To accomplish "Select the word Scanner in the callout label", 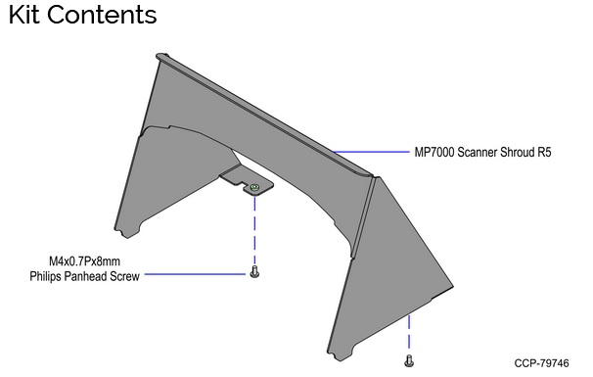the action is click(485, 153).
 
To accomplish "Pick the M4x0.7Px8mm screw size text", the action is click(85, 261).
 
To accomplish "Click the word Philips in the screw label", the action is click(49, 276).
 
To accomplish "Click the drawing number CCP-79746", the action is click(540, 363).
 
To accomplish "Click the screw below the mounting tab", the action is click(254, 272).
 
